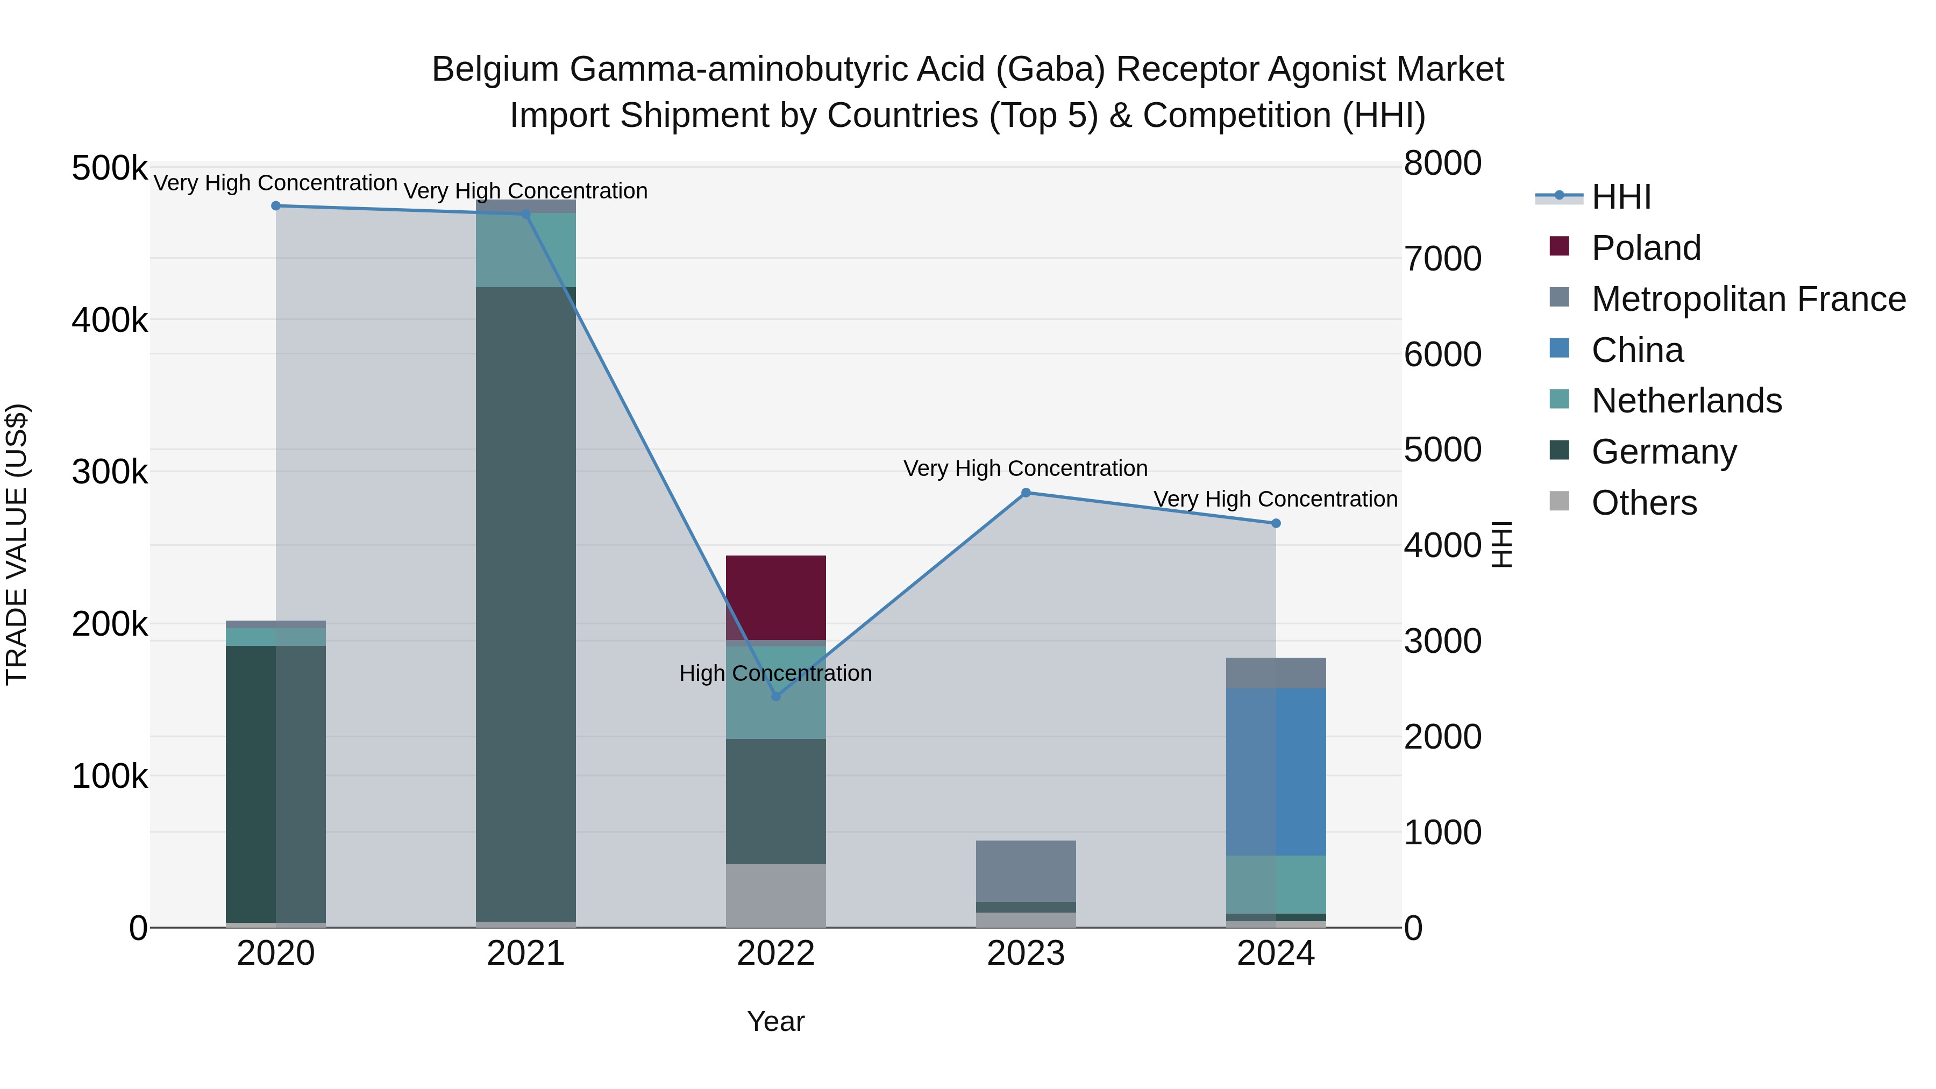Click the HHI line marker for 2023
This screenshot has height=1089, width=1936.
1026,493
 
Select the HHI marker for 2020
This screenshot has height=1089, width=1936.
276,206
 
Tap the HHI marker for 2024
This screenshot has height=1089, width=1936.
1276,523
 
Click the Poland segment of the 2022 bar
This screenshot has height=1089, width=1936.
775,597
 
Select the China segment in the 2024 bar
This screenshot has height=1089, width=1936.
1276,772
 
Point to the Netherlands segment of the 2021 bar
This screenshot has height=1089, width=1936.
525,250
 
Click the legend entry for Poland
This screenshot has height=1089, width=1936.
1646,248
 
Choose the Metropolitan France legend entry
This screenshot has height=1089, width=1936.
1748,299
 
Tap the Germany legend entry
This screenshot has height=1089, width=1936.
1663,452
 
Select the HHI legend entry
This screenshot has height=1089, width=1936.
1621,197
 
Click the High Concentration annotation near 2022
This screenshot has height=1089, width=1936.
775,673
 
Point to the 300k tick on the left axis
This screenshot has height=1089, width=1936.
110,472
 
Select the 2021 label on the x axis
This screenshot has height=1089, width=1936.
525,953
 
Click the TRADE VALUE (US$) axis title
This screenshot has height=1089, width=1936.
17,544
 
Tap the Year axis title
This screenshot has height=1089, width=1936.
775,1021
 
